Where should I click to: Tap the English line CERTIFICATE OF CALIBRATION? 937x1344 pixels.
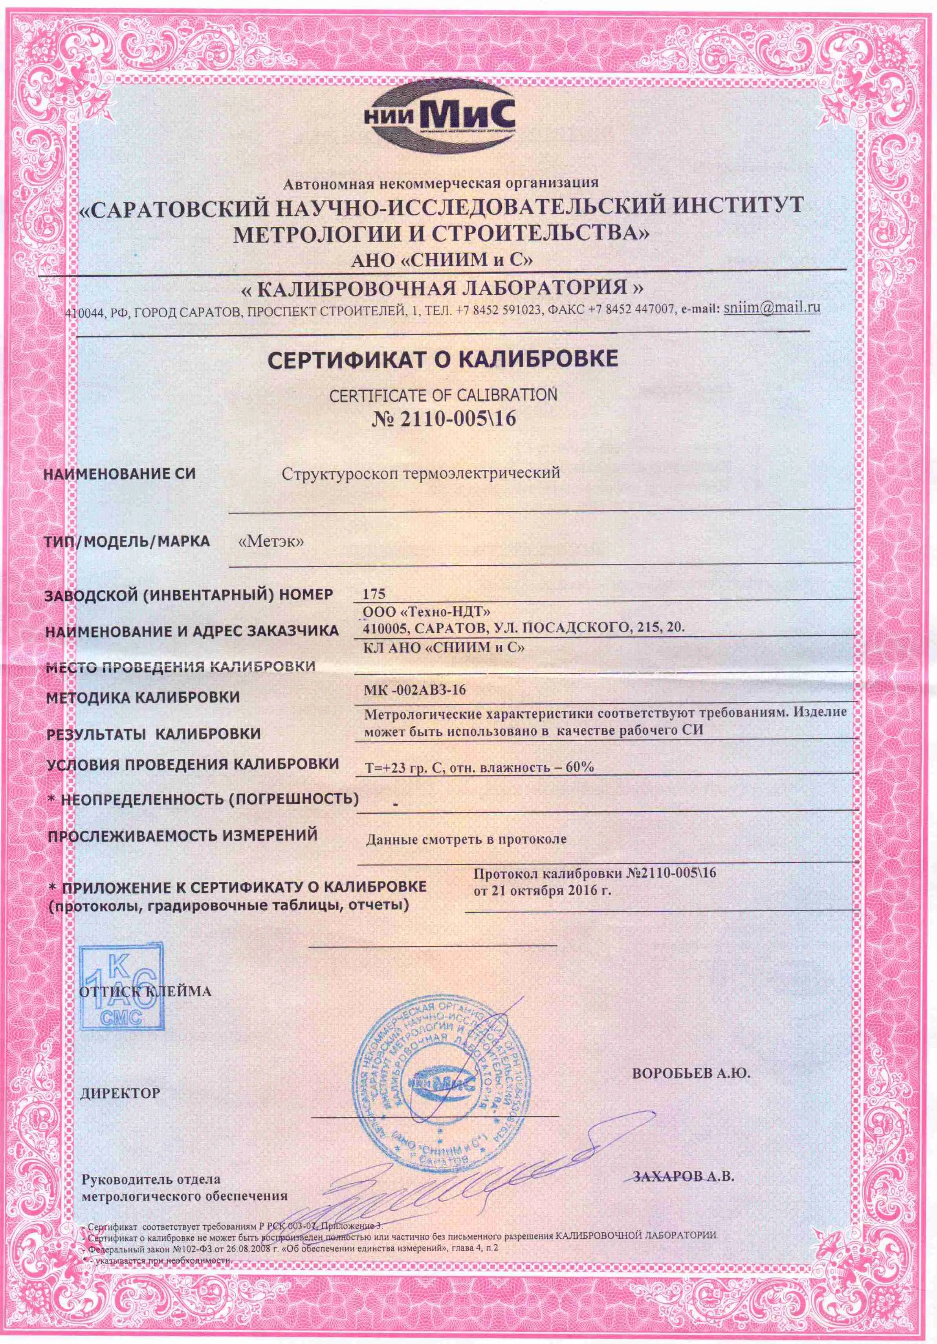click(x=443, y=395)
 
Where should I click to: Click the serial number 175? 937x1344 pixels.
click(x=374, y=594)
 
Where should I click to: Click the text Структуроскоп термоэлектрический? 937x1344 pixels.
click(x=420, y=473)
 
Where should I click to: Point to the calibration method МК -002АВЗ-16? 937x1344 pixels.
click(x=415, y=691)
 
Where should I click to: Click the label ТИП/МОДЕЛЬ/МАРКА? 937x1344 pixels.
click(x=127, y=541)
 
